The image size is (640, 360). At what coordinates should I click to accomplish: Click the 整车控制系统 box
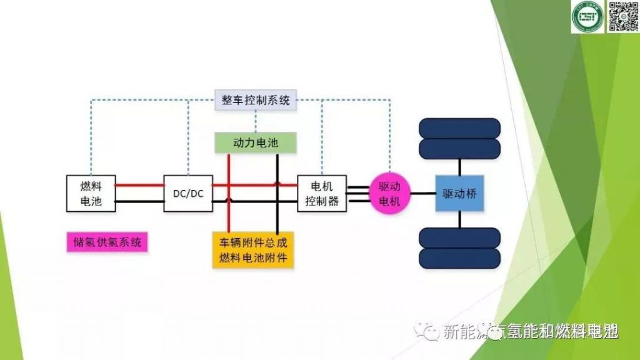[x=256, y=100]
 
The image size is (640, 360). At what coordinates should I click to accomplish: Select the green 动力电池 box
[x=255, y=143]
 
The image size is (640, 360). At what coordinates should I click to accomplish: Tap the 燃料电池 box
[x=91, y=194]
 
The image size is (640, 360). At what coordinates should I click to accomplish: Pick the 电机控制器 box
[x=321, y=194]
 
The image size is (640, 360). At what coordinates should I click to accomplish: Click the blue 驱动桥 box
[x=459, y=194]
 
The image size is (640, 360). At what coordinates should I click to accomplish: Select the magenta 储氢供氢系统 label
[x=106, y=242]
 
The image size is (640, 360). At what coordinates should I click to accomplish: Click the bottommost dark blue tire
[x=459, y=258]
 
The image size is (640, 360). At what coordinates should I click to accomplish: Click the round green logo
[x=586, y=18]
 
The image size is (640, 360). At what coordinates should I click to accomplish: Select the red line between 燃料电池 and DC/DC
[x=139, y=185]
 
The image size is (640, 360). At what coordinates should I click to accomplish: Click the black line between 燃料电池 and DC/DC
[x=139, y=201]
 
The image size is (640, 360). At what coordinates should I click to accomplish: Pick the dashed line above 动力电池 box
[x=256, y=121]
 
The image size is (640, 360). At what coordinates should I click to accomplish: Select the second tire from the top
[x=459, y=149]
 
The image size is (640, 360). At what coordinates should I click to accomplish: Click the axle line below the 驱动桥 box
[x=461, y=219]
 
